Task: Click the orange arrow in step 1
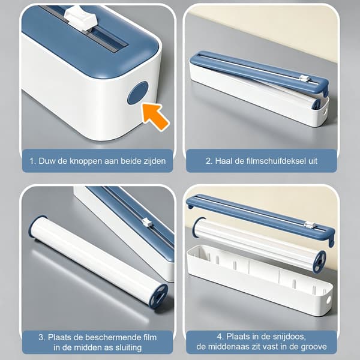155,116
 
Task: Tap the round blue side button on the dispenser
138,93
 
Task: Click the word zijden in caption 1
154,161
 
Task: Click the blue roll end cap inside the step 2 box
316,104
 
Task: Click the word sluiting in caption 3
128,347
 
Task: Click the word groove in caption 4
313,347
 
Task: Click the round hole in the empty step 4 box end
328,299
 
